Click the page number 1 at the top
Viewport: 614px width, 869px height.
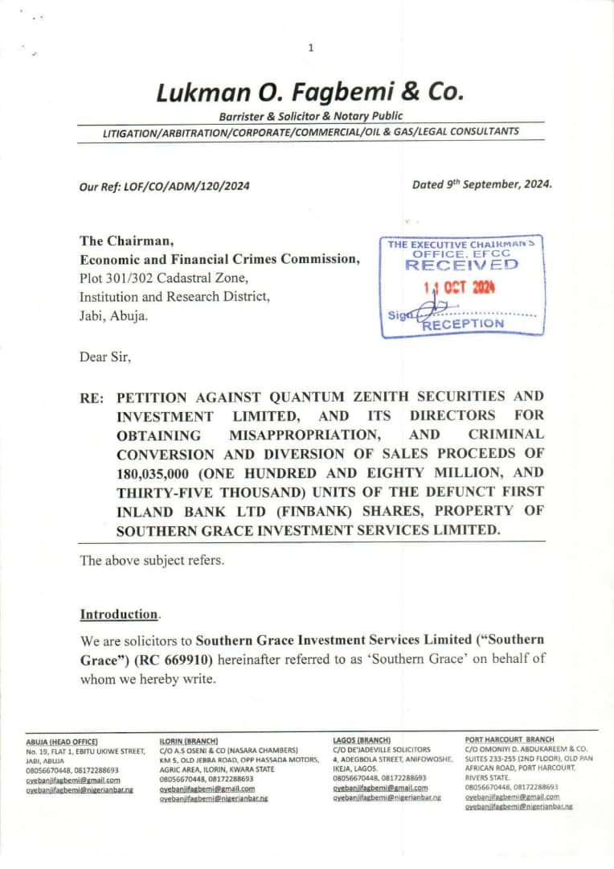(x=311, y=48)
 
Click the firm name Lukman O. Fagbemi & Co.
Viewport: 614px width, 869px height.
(x=310, y=93)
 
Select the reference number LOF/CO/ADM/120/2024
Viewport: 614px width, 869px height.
(x=186, y=186)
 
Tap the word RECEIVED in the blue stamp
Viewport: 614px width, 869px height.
(x=461, y=264)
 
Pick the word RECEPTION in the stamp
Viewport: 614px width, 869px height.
(x=463, y=323)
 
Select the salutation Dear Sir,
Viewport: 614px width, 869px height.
(x=104, y=356)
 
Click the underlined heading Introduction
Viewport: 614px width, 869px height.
(x=119, y=615)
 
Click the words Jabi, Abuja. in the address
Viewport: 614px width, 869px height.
(x=114, y=316)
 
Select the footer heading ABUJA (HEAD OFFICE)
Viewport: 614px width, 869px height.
(x=62, y=741)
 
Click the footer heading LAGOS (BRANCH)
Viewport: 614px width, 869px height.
(x=362, y=739)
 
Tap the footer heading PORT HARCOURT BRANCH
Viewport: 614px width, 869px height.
(x=510, y=739)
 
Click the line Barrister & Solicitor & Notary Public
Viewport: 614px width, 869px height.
(x=311, y=117)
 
